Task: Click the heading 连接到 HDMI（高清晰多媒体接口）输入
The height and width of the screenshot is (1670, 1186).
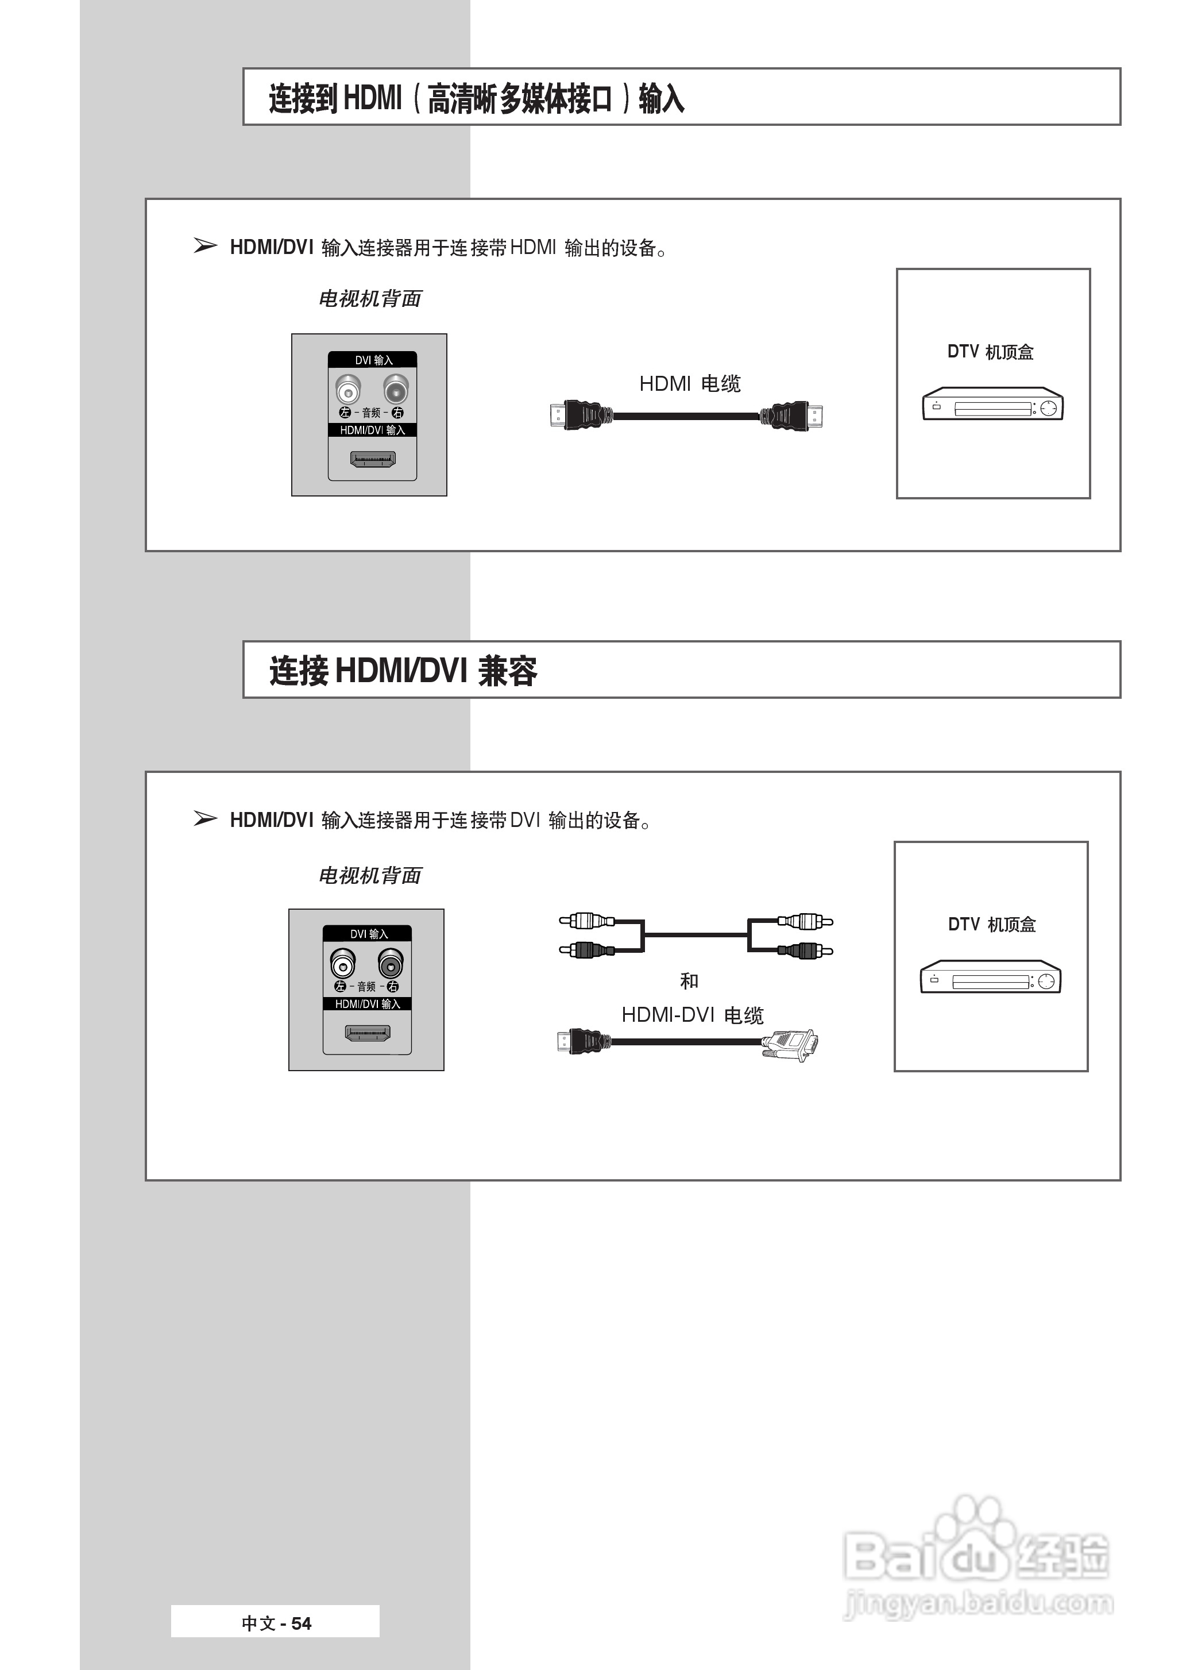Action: coord(476,98)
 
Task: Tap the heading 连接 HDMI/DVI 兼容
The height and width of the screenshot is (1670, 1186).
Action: coord(403,671)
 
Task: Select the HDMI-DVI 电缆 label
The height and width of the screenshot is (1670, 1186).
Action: coord(691,1015)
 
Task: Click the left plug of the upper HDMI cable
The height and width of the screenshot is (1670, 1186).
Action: coord(577,415)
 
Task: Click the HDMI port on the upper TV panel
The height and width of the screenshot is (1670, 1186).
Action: coord(372,460)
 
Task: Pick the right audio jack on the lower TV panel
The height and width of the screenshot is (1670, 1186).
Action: coord(391,964)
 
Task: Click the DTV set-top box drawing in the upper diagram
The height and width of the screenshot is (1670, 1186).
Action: coord(992,404)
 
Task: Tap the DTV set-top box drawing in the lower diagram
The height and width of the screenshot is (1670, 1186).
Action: coord(990,978)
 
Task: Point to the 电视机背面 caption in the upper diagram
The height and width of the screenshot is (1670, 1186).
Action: coord(370,299)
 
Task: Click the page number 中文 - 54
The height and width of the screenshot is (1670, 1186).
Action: coord(276,1623)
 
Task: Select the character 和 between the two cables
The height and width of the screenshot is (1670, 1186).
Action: coord(689,981)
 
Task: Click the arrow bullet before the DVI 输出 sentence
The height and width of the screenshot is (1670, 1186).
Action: coord(205,819)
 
